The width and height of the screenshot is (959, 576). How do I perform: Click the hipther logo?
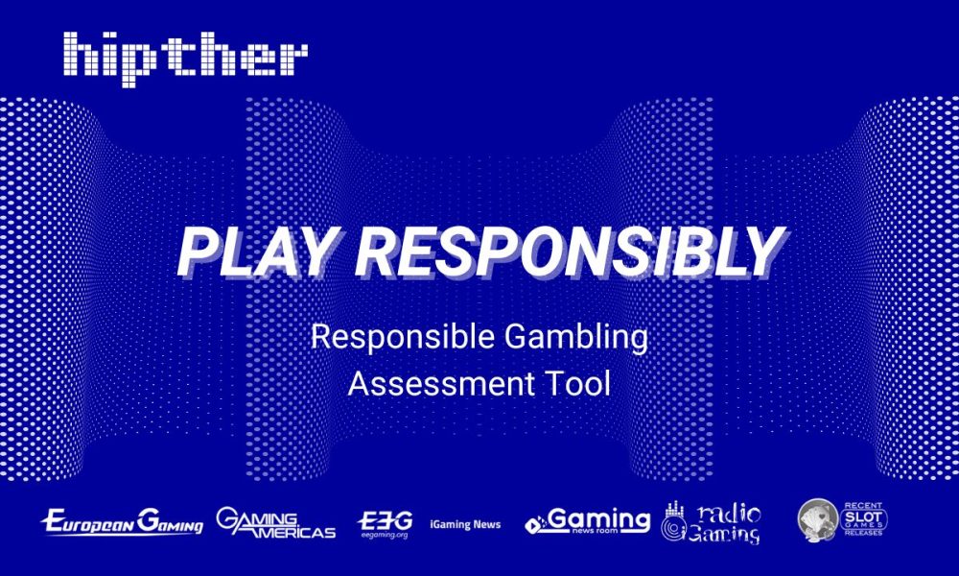tap(185, 54)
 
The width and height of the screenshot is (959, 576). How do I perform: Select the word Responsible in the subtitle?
tap(393, 338)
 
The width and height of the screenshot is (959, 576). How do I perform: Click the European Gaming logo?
tap(122, 523)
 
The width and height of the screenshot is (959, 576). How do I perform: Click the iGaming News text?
tap(465, 524)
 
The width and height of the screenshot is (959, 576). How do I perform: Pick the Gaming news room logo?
tap(587, 521)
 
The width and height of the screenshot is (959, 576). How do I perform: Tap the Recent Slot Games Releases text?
tap(865, 518)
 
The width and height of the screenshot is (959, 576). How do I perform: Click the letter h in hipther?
tap(81, 54)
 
